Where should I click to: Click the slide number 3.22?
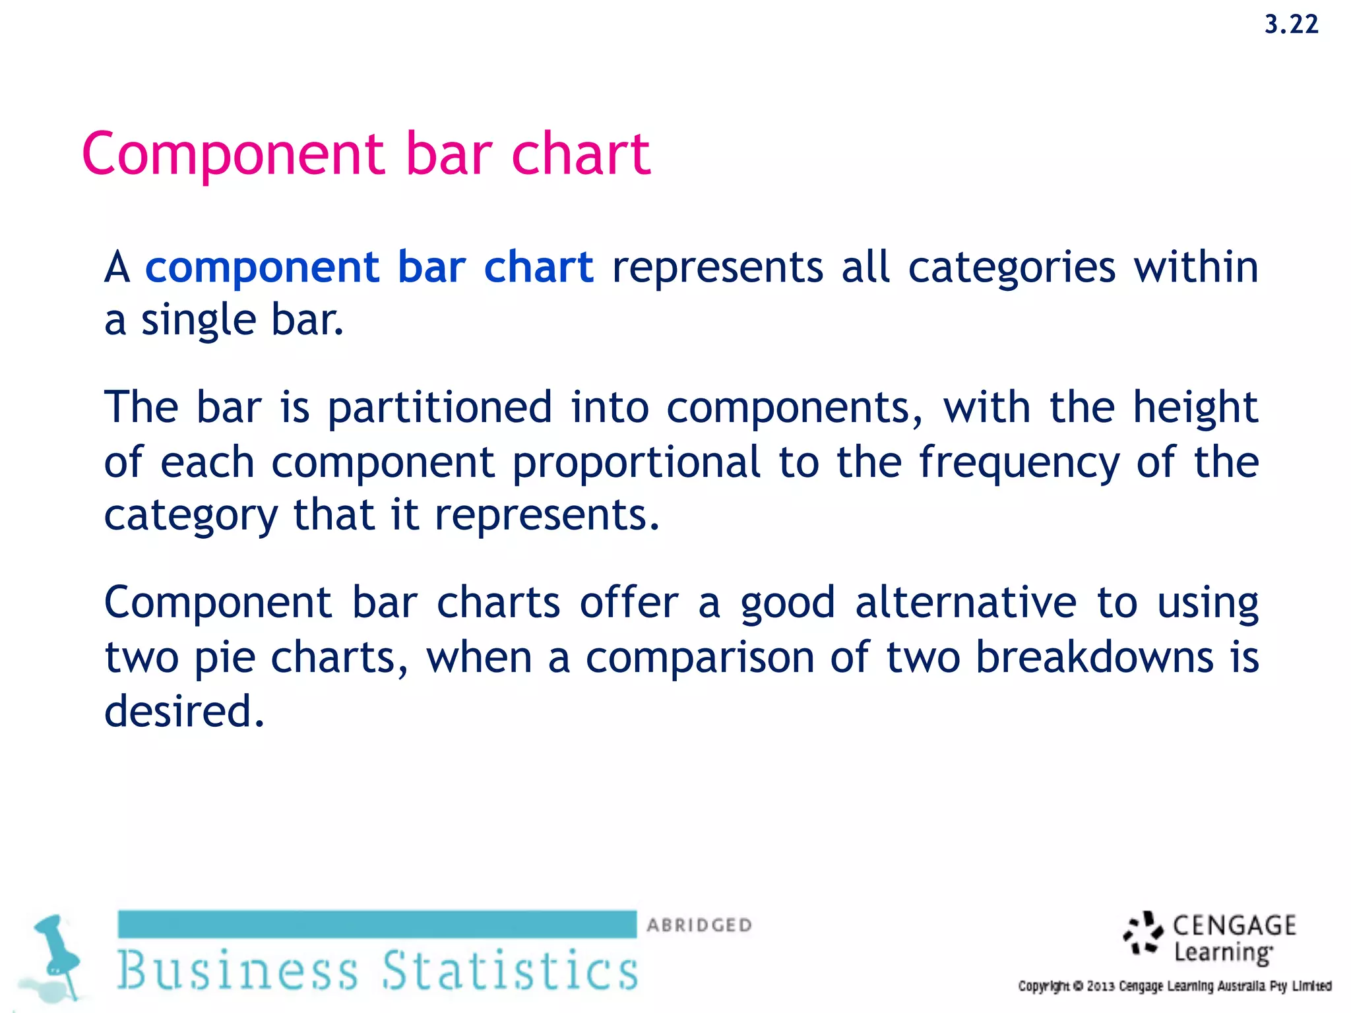point(1291,25)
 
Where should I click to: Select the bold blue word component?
point(262,268)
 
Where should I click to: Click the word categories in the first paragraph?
point(1012,268)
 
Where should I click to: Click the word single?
point(199,321)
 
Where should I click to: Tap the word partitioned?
point(440,407)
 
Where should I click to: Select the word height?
point(1195,407)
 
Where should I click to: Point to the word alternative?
point(966,603)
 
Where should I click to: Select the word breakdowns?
point(1094,658)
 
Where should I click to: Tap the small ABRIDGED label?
point(699,925)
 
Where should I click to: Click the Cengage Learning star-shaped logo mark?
point(1143,933)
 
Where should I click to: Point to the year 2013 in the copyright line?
point(1101,987)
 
